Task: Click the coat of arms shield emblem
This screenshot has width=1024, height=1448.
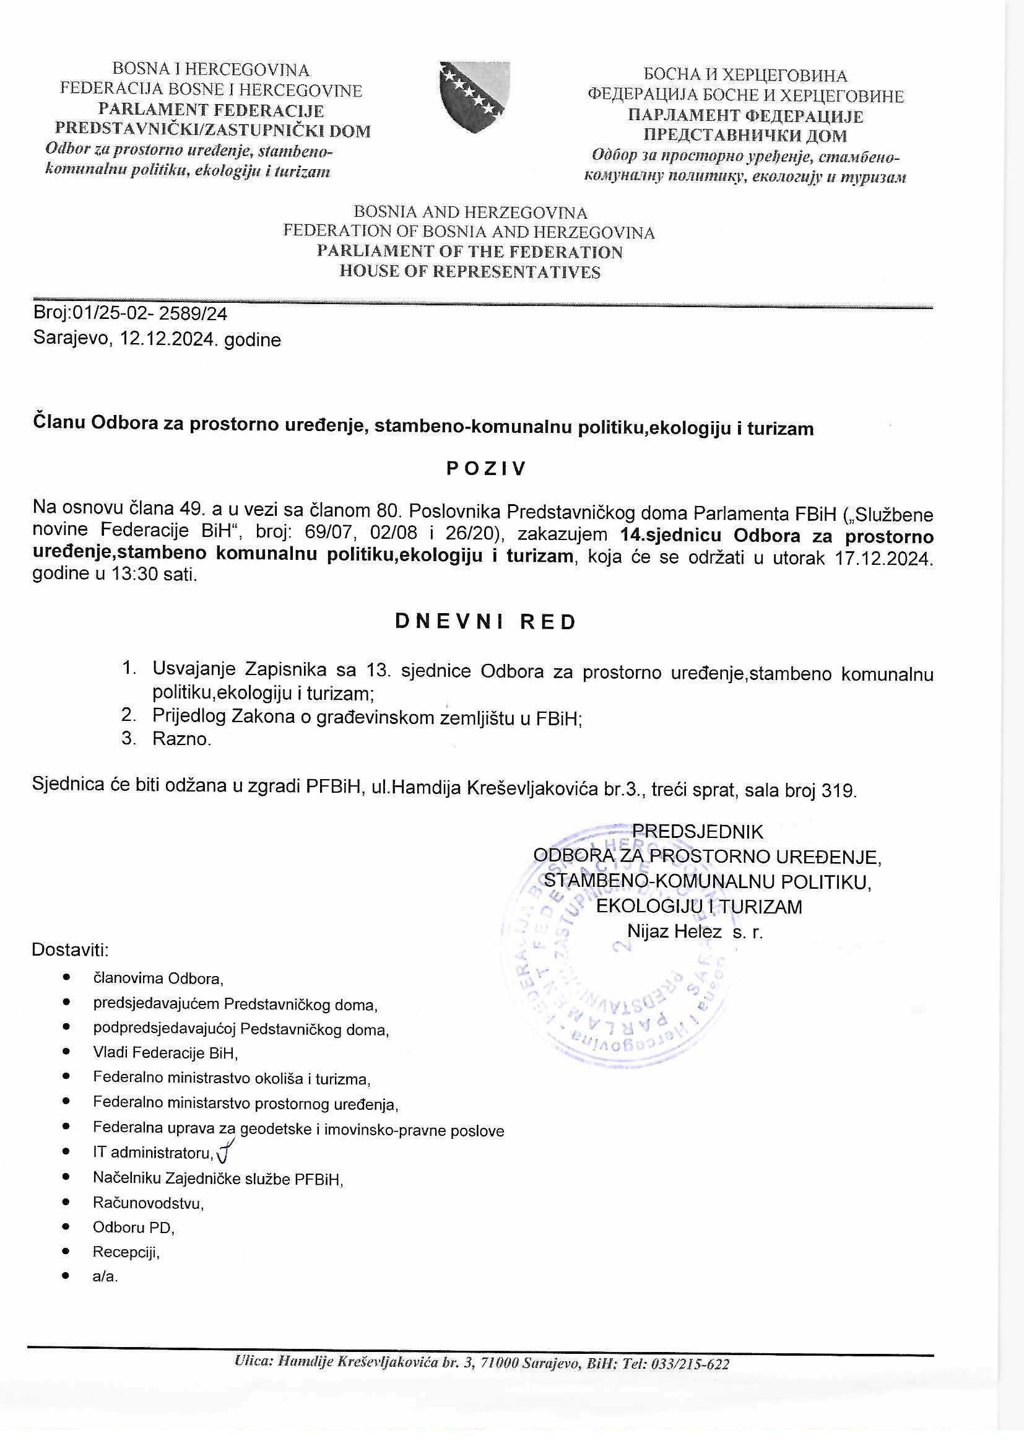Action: point(474,97)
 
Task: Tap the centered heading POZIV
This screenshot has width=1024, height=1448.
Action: point(485,469)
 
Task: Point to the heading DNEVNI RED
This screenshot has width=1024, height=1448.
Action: point(485,622)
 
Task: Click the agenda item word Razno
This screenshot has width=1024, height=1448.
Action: point(181,738)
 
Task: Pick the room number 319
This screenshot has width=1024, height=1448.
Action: point(838,790)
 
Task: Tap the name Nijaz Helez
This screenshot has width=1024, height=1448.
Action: point(674,931)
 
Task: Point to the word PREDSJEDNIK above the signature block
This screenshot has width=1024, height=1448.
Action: point(697,832)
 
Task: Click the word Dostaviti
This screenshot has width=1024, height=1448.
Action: point(70,950)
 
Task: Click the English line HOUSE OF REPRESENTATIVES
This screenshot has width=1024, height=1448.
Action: point(470,272)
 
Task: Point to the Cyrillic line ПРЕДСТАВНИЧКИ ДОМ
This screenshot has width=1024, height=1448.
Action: point(745,136)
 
